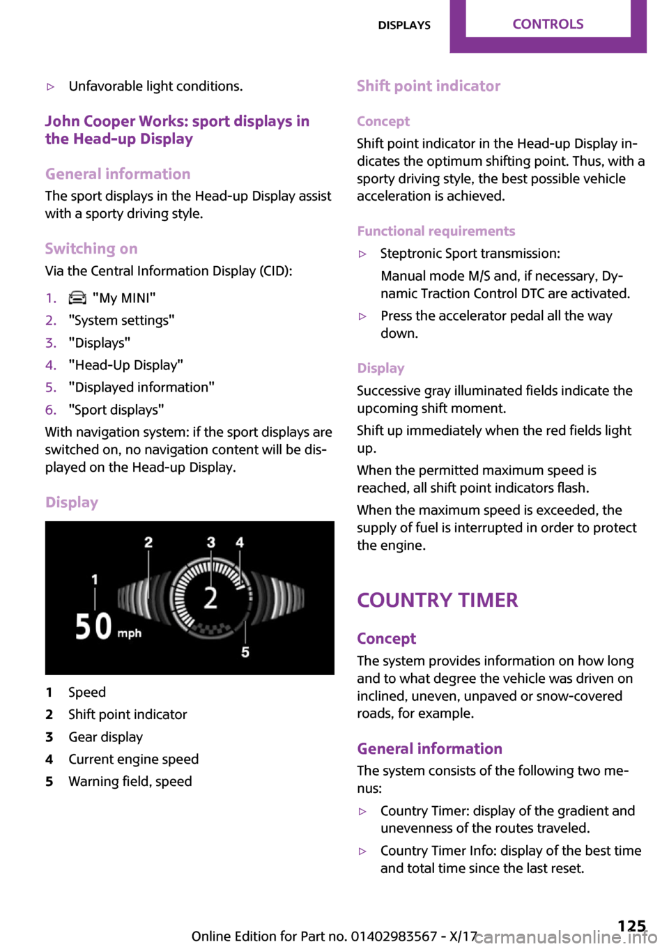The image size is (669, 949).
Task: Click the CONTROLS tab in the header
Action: coord(548,24)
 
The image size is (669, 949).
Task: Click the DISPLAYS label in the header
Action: coord(404,25)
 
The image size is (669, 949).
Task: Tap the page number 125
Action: coord(631,925)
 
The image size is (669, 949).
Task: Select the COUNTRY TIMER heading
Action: coord(437,600)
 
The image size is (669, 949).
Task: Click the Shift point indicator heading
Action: coord(429,86)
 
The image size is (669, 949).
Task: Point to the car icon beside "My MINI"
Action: coord(77,298)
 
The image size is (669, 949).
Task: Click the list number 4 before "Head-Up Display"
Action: coord(50,365)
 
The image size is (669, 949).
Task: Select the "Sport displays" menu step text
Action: coord(116,410)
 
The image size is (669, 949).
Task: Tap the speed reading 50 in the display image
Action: coord(93,626)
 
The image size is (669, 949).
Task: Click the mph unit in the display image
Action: coord(130,633)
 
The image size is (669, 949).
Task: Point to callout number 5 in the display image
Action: coord(245,652)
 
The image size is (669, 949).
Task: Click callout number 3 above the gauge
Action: coord(211,542)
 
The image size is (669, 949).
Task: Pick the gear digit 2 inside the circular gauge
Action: coord(210,597)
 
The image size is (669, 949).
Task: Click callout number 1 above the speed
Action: coord(95,579)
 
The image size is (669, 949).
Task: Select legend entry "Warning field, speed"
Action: coord(130,781)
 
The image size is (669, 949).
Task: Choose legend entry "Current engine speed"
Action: coord(133,759)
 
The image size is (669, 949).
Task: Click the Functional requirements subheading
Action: coord(436,231)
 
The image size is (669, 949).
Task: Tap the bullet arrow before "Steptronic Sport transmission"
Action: coord(362,254)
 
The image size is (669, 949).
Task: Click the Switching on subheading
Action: coord(91,249)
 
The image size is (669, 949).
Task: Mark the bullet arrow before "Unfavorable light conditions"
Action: coord(50,87)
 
